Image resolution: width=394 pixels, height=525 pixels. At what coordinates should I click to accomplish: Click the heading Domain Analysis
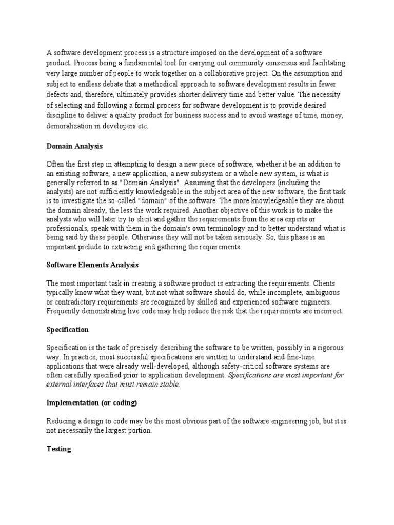pyautogui.click(x=74, y=146)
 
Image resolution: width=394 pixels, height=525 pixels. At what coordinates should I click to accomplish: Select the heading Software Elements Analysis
pyautogui.click(x=92, y=265)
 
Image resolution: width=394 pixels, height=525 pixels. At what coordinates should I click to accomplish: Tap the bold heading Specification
pyautogui.click(x=67, y=329)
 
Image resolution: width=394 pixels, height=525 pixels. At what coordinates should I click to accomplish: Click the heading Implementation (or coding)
pyautogui.click(x=92, y=403)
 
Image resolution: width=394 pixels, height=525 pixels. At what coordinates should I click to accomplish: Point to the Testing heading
pyautogui.click(x=58, y=449)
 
